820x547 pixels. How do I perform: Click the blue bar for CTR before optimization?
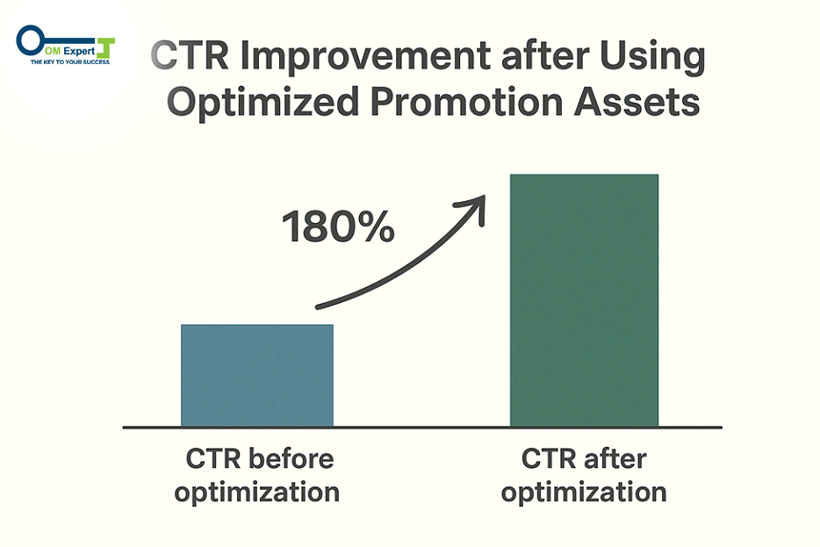pyautogui.click(x=257, y=376)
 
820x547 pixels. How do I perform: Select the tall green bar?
pyautogui.click(x=584, y=300)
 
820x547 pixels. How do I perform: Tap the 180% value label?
pyautogui.click(x=338, y=228)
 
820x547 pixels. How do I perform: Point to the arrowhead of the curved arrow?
pyautogui.click(x=478, y=207)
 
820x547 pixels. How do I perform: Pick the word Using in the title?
pyautogui.click(x=650, y=59)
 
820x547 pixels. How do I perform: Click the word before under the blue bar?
pyautogui.click(x=290, y=459)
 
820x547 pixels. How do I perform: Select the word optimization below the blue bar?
pyautogui.click(x=257, y=493)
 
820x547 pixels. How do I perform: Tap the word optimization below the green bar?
pyautogui.click(x=584, y=493)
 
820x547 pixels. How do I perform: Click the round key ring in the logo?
pyautogui.click(x=29, y=40)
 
